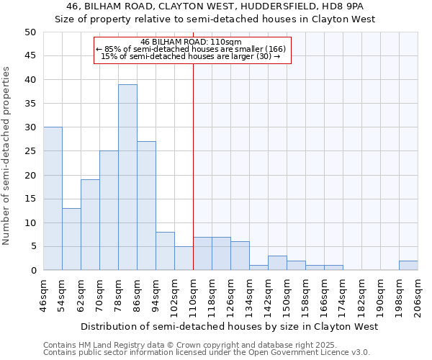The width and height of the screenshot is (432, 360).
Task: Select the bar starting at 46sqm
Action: tap(53, 199)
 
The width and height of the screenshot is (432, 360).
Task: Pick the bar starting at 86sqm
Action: tap(146, 206)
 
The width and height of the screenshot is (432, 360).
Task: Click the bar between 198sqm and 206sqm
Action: tap(408, 266)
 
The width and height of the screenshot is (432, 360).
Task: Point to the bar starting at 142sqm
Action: tap(277, 263)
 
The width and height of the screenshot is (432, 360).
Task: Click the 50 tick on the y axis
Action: tap(30, 32)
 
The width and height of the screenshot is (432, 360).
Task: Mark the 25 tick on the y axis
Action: tap(30, 151)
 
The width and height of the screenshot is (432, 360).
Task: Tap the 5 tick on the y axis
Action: tap(32, 246)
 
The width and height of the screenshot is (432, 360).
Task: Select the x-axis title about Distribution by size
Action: tap(229, 327)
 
